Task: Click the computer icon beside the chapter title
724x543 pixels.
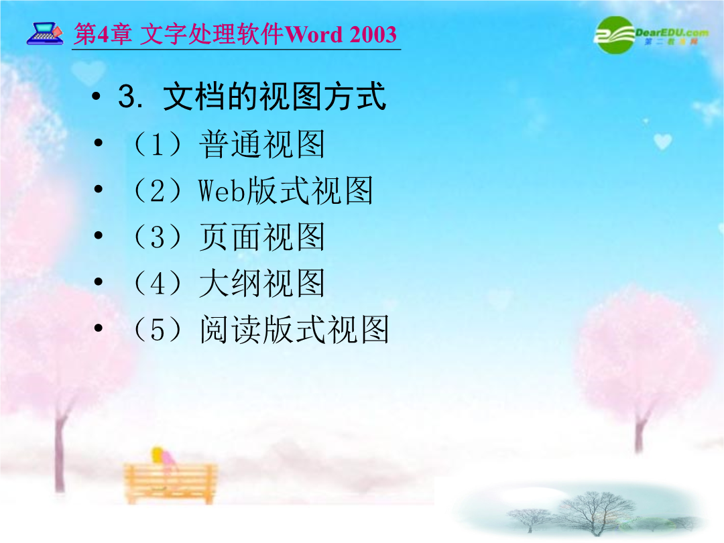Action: click(45, 34)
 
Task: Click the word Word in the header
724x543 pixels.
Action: click(314, 34)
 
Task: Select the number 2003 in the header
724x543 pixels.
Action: click(373, 35)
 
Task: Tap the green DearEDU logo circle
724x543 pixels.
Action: click(615, 35)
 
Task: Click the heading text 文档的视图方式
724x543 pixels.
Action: click(274, 97)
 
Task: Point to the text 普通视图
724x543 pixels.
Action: click(262, 144)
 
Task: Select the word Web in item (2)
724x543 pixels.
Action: click(222, 190)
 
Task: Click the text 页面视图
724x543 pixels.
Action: click(262, 237)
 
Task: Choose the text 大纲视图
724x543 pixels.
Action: click(262, 283)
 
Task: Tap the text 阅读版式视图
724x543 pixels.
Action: click(294, 329)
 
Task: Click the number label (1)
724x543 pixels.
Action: click(157, 144)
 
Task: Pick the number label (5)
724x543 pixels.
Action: click(157, 329)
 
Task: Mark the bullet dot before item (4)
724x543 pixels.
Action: click(99, 281)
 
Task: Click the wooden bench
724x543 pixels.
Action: click(170, 483)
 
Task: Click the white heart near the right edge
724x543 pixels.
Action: click(662, 141)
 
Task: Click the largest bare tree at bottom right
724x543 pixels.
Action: click(596, 513)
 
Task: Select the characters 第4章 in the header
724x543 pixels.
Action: click(103, 34)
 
